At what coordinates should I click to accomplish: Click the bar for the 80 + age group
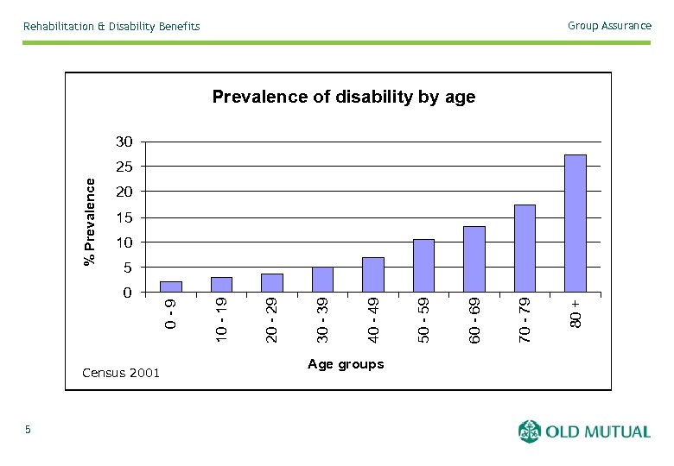tap(575, 224)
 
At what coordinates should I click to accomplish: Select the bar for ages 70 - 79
tap(525, 249)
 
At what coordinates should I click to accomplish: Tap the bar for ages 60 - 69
tap(474, 259)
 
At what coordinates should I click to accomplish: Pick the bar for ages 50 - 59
tap(423, 266)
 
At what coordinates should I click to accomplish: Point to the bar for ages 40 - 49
tap(372, 275)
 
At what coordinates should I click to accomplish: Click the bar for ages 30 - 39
tap(322, 280)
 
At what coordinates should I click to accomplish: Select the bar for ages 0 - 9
tap(171, 287)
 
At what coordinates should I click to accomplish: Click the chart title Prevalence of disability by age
tap(343, 97)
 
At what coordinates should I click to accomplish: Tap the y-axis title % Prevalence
tap(89, 221)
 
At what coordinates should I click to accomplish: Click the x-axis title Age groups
tap(346, 364)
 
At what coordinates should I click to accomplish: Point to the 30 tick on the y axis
tap(124, 142)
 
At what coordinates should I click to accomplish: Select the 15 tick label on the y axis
tap(124, 217)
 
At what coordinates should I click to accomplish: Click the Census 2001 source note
tap(120, 373)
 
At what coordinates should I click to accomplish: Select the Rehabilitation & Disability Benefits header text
tap(111, 27)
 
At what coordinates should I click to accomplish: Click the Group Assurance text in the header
tap(609, 26)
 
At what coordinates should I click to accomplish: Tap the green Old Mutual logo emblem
tap(529, 431)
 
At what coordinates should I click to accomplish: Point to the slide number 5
tap(28, 430)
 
